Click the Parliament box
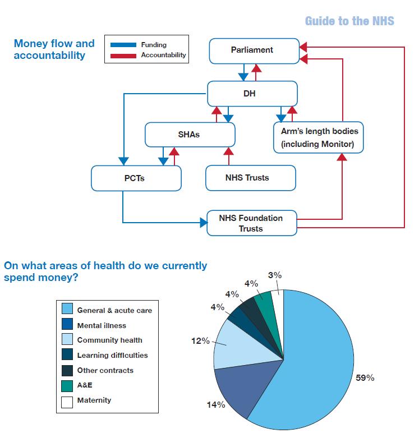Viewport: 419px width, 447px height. click(x=254, y=51)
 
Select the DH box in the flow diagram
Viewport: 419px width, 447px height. click(x=252, y=94)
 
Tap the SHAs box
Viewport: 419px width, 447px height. click(x=190, y=135)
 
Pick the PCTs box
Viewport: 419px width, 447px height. click(x=136, y=178)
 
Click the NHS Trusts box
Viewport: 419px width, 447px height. click(x=251, y=178)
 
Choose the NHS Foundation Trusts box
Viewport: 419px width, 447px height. click(x=252, y=223)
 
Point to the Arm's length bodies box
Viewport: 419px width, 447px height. click(x=319, y=137)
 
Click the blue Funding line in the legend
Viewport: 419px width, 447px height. click(x=123, y=45)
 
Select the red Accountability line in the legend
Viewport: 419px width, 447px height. click(x=123, y=56)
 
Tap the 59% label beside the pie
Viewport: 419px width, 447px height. click(x=365, y=377)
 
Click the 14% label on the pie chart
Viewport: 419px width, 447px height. click(x=216, y=404)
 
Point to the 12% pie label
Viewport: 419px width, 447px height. click(x=200, y=340)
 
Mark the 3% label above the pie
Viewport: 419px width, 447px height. click(x=275, y=275)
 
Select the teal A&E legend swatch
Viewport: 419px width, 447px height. click(x=67, y=386)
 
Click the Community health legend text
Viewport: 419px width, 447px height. click(x=110, y=340)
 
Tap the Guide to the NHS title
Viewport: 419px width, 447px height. click(x=349, y=21)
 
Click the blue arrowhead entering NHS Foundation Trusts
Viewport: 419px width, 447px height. click(x=204, y=223)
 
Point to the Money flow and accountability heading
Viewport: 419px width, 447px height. click(x=54, y=49)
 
